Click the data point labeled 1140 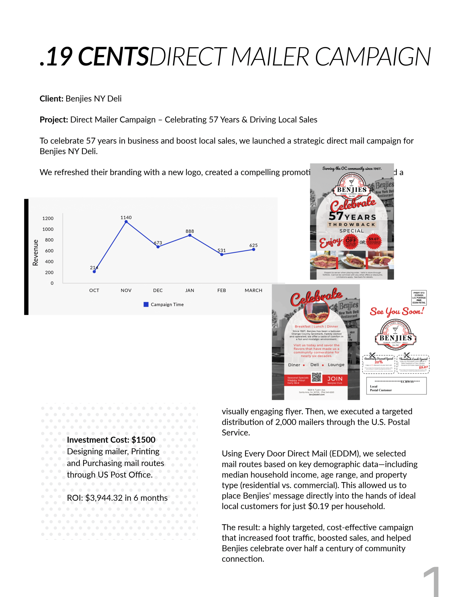point(126,222)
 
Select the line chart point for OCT point(94,271)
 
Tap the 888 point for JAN point(190,235)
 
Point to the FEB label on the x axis point(222,290)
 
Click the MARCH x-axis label point(253,290)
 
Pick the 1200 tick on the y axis point(48,219)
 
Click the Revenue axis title point(35,252)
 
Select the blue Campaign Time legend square point(146,305)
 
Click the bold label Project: point(54,120)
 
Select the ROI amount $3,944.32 point(104,498)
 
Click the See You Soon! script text point(397,311)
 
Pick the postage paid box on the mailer point(419,298)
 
